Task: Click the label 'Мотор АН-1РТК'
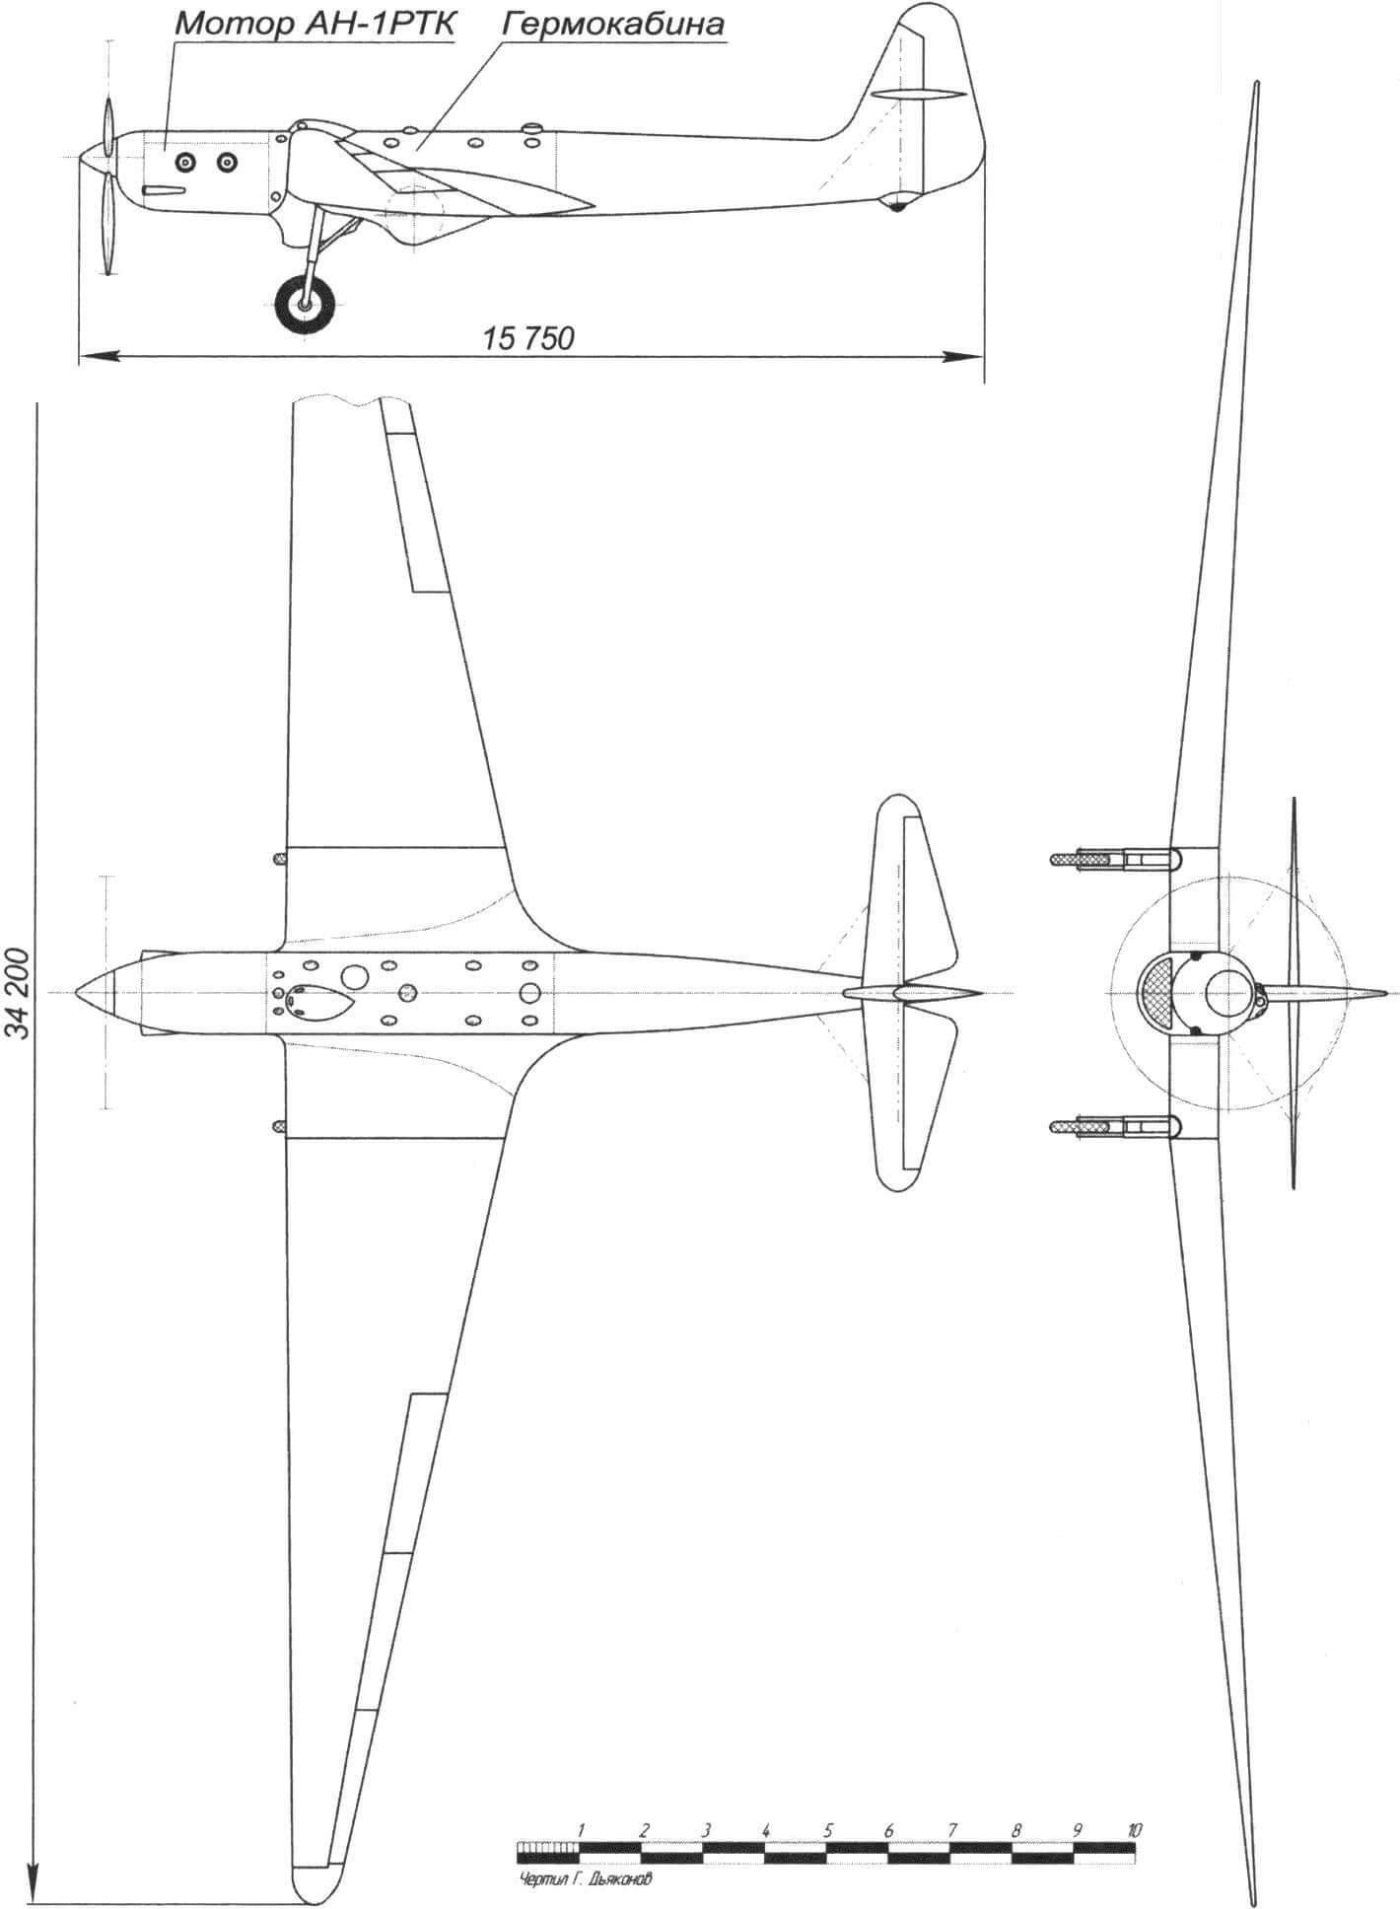pyautogui.click(x=315, y=26)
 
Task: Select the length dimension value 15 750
pyautogui.click(x=528, y=338)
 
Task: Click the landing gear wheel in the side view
pyautogui.click(x=303, y=304)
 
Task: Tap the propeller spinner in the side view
pyautogui.click(x=97, y=156)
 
